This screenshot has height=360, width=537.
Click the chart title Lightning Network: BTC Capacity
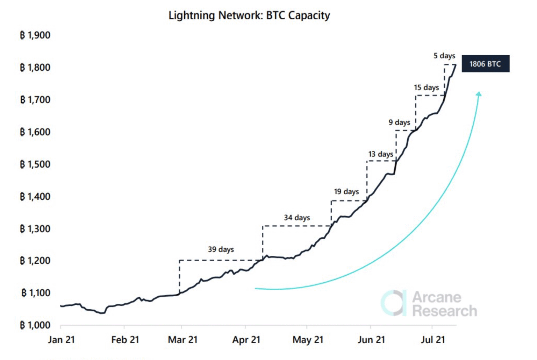tap(249, 15)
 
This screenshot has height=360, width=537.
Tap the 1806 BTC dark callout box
tap(485, 64)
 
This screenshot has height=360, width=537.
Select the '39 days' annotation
tap(221, 249)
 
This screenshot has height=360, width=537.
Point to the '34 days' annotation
tap(296, 218)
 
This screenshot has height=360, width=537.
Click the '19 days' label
tap(346, 192)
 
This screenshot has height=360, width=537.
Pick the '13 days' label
tap(380, 154)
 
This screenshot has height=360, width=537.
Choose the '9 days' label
tap(399, 122)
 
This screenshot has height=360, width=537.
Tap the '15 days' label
tap(426, 87)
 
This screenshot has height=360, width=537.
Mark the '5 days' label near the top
tap(444, 56)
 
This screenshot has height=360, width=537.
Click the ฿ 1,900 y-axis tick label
tap(35, 35)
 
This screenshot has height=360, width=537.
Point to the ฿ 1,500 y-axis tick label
tap(35, 164)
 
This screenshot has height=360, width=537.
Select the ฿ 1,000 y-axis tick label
tap(35, 325)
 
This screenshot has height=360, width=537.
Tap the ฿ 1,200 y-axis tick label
tap(35, 261)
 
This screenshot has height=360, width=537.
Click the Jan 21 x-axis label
tap(62, 340)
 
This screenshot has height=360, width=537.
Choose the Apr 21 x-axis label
tap(246, 340)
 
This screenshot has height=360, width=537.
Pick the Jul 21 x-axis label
tap(433, 340)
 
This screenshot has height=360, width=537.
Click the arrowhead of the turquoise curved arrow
tap(479, 94)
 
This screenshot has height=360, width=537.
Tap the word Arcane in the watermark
tap(437, 297)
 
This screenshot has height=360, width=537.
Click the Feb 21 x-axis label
tap(125, 340)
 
